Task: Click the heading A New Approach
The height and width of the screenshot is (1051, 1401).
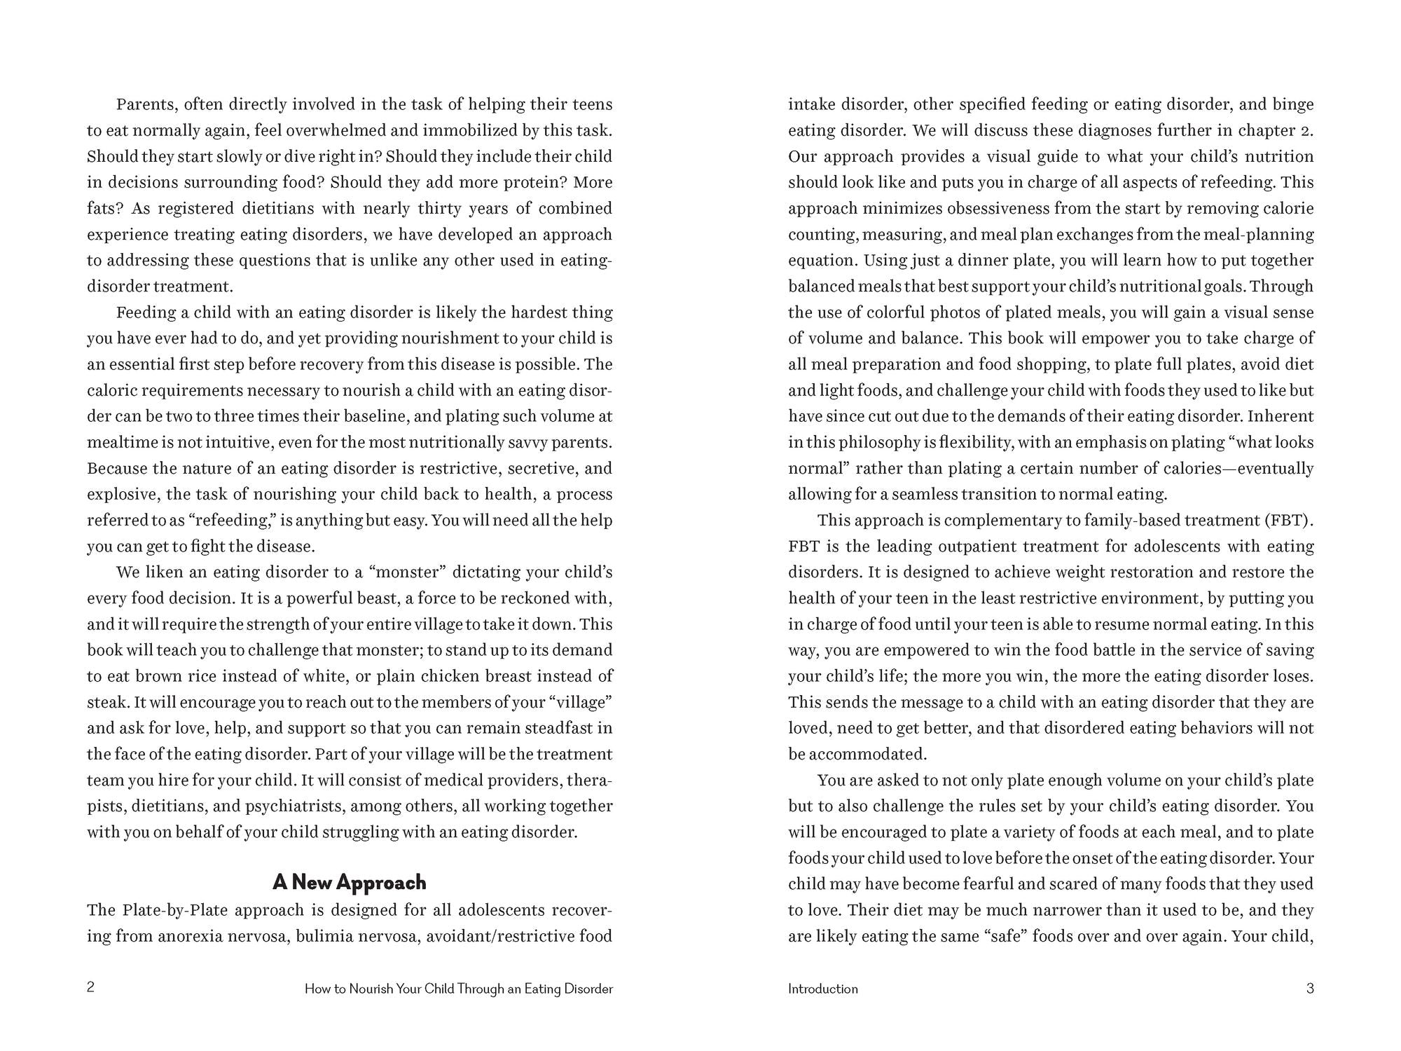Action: point(349,882)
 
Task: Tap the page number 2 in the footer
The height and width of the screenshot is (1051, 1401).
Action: point(90,988)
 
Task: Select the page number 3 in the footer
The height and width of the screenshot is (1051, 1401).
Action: point(1310,989)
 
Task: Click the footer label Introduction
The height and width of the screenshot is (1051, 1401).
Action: point(822,989)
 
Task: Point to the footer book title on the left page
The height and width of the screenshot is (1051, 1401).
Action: point(459,989)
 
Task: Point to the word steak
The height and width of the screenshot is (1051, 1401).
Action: point(106,702)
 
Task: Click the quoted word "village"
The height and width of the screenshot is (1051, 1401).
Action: point(579,702)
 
